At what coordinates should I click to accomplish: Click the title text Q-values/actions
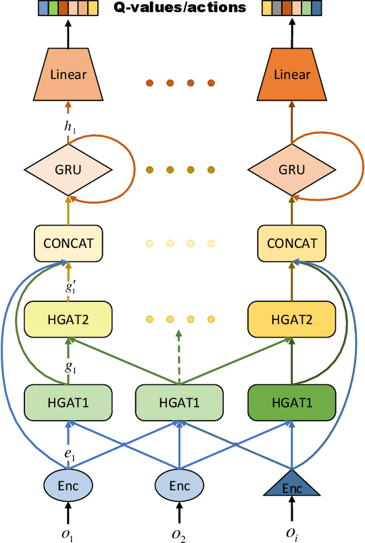point(182,9)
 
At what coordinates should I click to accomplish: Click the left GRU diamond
point(67,170)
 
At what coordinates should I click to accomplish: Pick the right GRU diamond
point(291,170)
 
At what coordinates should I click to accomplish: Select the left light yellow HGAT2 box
point(67,318)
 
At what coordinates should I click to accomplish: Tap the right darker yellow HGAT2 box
point(291,318)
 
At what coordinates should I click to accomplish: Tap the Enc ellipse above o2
point(179,485)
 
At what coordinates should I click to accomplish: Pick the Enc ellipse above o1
point(67,485)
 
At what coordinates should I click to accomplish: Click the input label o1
point(67,532)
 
